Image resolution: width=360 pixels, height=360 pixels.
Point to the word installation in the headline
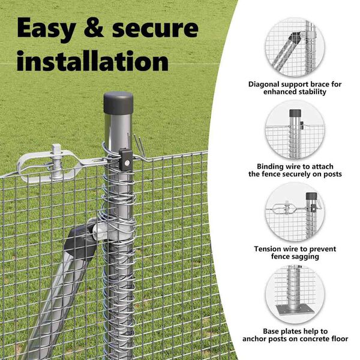(92, 61)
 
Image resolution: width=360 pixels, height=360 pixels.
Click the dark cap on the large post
(118, 103)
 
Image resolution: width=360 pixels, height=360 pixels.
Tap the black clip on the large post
(125, 160)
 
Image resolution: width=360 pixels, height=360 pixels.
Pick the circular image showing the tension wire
(295, 213)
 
